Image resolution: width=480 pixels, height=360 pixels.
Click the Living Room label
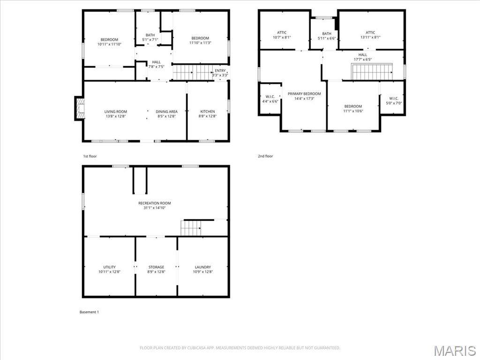click(x=115, y=112)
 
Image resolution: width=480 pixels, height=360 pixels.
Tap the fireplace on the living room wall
click(x=79, y=108)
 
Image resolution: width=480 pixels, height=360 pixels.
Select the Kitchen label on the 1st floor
click(x=207, y=112)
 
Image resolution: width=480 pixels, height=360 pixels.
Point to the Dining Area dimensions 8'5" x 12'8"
click(x=166, y=117)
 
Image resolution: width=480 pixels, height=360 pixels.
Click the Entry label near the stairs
click(x=220, y=71)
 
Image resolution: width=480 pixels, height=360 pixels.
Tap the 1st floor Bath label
click(x=150, y=35)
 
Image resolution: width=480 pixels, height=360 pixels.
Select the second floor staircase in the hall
click(x=372, y=73)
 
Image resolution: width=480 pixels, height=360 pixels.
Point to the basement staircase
click(x=191, y=228)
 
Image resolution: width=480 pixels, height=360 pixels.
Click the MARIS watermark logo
click(x=455, y=351)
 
